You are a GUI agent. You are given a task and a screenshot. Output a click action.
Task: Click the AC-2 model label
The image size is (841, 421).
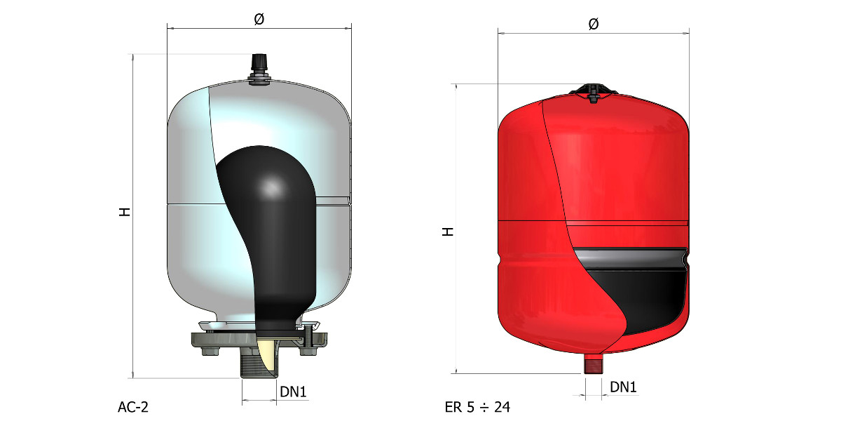tap(133, 407)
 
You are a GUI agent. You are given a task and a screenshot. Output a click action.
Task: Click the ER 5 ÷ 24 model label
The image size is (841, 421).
tap(477, 407)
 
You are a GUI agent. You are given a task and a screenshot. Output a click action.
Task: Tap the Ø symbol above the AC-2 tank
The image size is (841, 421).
tap(259, 19)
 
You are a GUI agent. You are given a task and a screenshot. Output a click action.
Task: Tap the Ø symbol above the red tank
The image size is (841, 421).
tap(594, 24)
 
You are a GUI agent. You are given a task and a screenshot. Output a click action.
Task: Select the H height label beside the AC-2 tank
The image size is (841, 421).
tap(124, 212)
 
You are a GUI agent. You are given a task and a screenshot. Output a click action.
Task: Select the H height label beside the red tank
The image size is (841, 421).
tap(448, 232)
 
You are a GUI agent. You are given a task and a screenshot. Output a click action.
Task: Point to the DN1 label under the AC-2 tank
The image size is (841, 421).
tap(293, 392)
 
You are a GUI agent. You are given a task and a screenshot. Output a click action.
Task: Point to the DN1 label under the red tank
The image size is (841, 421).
tap(623, 387)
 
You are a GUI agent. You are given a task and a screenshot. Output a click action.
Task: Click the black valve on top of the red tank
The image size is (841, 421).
tap(593, 93)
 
